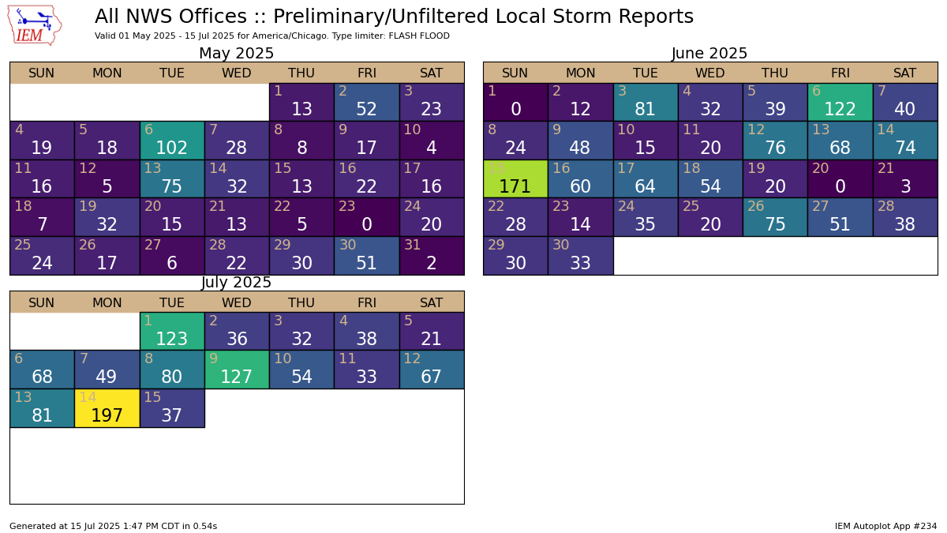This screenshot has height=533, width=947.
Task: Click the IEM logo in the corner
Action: pyautogui.click(x=35, y=24)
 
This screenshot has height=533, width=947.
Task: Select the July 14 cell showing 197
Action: pyautogui.click(x=107, y=408)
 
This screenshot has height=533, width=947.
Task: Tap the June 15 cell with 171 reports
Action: pyautogui.click(x=515, y=178)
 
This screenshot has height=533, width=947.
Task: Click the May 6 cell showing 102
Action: pyautogui.click(x=172, y=140)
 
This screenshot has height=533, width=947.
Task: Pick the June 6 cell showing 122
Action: pyautogui.click(x=840, y=102)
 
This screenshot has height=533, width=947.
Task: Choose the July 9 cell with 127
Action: pyautogui.click(x=237, y=370)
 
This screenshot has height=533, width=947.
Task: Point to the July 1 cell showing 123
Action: pyautogui.click(x=172, y=332)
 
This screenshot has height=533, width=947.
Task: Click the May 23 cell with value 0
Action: pyautogui.click(x=366, y=217)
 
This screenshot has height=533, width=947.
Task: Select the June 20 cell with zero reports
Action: pyautogui.click(x=840, y=178)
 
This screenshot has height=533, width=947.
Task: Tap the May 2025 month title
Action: pyautogui.click(x=236, y=54)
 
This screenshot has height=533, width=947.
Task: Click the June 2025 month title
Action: pyautogui.click(x=709, y=54)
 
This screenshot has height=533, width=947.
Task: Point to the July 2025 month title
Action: pyautogui.click(x=236, y=283)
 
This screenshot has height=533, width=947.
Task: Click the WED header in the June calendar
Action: pyautogui.click(x=709, y=73)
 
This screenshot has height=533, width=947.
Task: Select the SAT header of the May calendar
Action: pyautogui.click(x=431, y=73)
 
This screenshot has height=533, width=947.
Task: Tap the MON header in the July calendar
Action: pyautogui.click(x=107, y=302)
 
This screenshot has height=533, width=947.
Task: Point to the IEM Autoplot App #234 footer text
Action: pyautogui.click(x=885, y=526)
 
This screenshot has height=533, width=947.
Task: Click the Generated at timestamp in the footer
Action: pyautogui.click(x=113, y=526)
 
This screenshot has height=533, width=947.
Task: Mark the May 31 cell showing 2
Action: pyautogui.click(x=431, y=256)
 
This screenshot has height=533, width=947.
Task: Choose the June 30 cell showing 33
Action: pyautogui.click(x=580, y=256)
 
